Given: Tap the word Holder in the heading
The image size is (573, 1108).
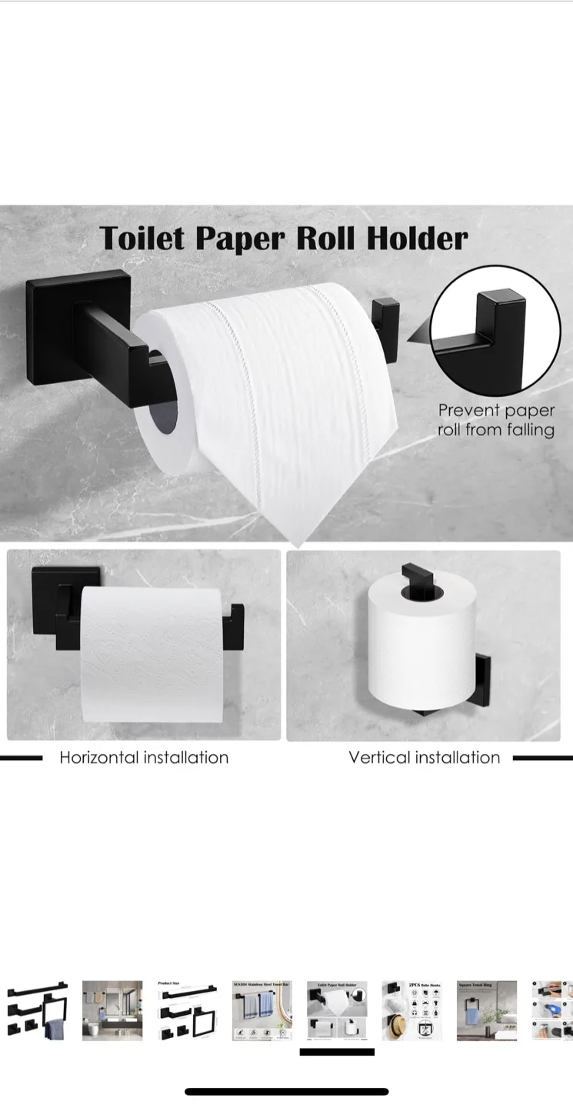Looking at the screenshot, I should click(x=417, y=238).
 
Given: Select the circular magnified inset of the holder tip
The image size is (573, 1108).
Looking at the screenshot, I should click(x=495, y=331).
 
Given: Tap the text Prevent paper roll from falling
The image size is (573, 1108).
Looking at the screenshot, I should click(x=496, y=420).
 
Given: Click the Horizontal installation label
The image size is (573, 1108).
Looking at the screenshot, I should click(x=144, y=758).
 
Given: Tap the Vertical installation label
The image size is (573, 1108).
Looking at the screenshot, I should click(x=424, y=758).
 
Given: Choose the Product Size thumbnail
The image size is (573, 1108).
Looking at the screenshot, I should click(x=187, y=1010).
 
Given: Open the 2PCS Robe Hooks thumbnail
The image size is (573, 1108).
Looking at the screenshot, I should click(x=411, y=1010).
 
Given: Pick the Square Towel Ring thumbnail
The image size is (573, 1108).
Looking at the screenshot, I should click(x=486, y=1010).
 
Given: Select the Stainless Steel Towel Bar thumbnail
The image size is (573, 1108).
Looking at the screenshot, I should click(x=262, y=1010).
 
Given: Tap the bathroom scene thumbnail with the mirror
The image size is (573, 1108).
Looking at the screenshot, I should click(x=112, y=1010).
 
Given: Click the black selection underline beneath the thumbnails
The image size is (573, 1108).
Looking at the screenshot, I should click(x=337, y=1052).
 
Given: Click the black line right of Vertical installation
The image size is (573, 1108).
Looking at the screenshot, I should click(x=542, y=758).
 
